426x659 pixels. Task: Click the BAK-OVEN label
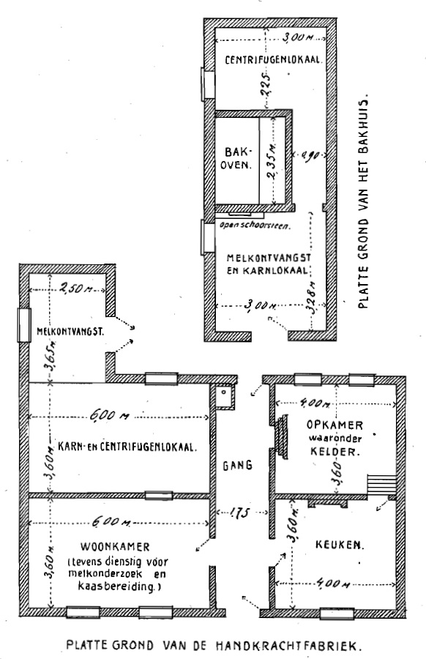(236, 157)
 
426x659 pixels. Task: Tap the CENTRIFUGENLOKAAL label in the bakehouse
(274, 60)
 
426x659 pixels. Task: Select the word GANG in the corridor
(237, 465)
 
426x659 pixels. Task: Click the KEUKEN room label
(340, 545)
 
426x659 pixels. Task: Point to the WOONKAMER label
(115, 547)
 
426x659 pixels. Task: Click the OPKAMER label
(335, 425)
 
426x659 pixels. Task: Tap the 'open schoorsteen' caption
(255, 225)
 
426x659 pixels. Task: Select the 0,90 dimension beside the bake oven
(310, 155)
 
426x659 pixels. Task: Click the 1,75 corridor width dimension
(239, 513)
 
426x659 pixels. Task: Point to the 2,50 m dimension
(76, 288)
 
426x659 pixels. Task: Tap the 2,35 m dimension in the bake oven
(272, 162)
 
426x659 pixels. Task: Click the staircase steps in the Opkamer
(381, 485)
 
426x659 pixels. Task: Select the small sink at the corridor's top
(224, 396)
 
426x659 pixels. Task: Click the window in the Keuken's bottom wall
(337, 614)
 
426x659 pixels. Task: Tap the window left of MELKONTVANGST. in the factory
(24, 324)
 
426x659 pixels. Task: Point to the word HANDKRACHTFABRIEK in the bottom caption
(288, 646)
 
